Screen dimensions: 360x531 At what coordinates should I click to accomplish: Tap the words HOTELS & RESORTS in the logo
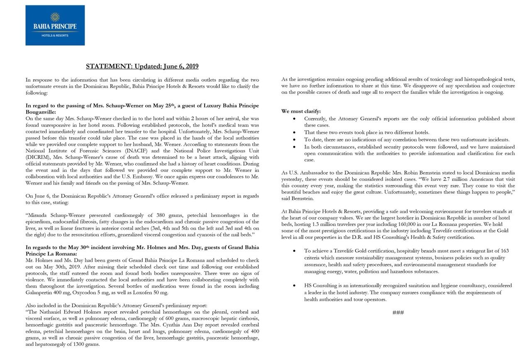55,35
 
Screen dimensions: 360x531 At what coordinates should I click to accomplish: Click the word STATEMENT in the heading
107,66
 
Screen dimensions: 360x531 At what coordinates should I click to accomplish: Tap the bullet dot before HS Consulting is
294,286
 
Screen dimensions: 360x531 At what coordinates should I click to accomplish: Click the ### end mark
398,312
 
